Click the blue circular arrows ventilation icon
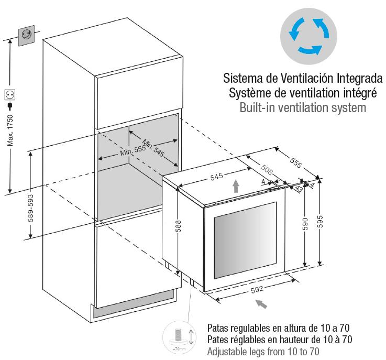click(308, 34)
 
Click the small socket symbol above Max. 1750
click(10, 95)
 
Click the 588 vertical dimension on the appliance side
click(179, 226)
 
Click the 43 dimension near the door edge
click(299, 189)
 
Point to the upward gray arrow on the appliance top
click(236, 186)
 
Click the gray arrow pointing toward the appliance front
click(266, 303)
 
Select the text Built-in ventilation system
click(302, 108)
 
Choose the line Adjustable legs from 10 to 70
click(263, 352)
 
